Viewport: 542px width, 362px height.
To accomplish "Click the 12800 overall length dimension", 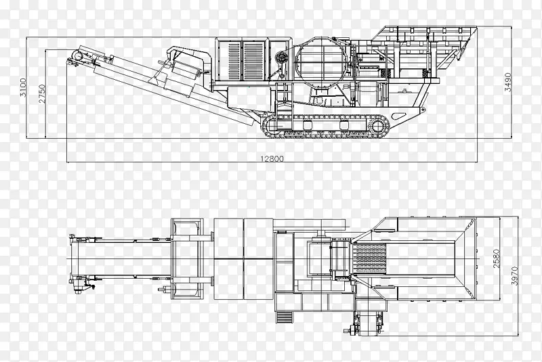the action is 272,158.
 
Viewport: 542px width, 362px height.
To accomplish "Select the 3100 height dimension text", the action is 22,87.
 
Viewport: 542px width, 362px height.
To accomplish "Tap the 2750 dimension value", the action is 42,93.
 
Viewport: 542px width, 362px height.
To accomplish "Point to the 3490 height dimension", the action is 507,82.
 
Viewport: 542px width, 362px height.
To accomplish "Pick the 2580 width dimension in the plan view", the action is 497,258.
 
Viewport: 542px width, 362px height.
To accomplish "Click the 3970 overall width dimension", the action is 515,275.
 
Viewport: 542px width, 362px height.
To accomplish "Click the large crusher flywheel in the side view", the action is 320,62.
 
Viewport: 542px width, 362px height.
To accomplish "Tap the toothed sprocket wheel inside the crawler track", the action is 377,126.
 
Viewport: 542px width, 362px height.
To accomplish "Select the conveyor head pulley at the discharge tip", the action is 77,55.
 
